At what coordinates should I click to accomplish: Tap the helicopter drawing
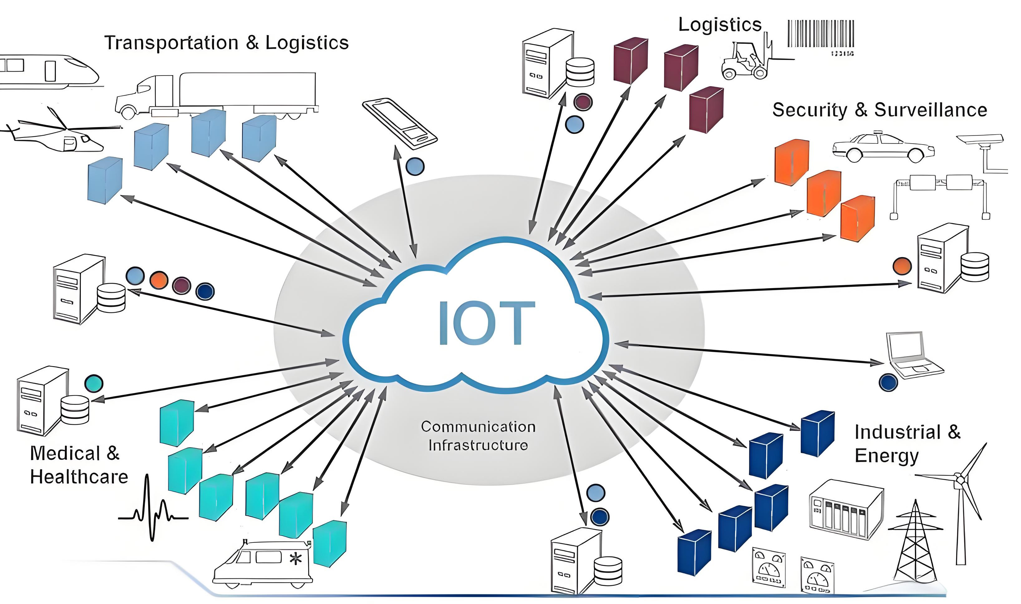point(61,134)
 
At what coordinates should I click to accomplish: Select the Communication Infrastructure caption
point(478,435)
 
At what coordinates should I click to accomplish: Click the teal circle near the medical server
point(94,383)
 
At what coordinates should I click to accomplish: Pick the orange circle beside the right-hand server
point(902,267)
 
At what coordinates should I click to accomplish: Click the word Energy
point(887,456)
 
